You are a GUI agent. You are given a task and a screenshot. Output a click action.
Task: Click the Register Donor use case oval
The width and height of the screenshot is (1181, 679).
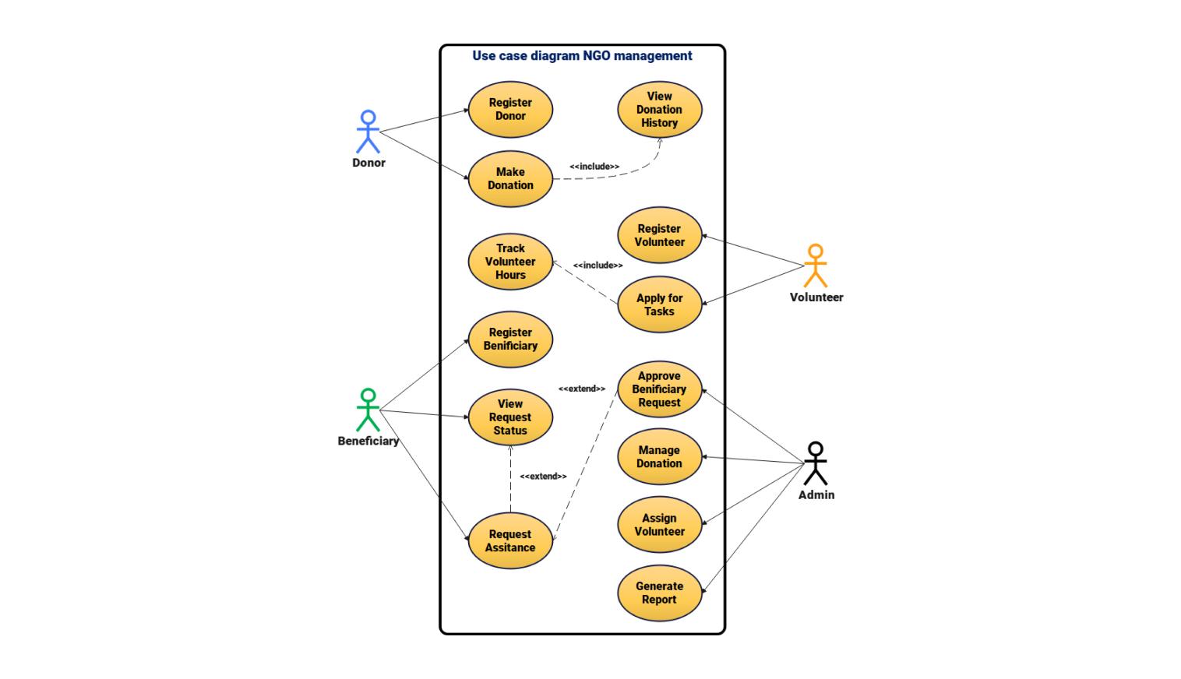coord(510,110)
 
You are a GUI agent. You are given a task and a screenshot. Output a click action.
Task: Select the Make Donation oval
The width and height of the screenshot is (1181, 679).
coord(510,179)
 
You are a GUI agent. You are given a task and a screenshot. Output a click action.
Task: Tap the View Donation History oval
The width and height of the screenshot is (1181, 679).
coord(660,110)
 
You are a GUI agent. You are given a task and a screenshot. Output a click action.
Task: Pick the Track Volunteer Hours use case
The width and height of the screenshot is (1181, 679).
coord(510,262)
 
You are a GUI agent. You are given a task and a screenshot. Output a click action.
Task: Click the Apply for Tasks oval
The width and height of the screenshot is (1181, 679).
coord(660,304)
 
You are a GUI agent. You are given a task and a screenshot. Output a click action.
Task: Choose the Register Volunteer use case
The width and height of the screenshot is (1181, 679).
coord(660,235)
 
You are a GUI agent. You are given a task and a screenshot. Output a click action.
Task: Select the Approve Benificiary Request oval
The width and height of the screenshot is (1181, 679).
coord(660,389)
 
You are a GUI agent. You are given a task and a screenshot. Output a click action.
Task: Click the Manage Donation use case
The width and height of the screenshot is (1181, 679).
coord(660,457)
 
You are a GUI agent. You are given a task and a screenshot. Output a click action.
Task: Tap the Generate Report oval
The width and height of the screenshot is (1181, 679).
coord(660,593)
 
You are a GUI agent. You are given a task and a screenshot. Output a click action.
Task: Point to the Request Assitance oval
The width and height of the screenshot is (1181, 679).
coord(510,540)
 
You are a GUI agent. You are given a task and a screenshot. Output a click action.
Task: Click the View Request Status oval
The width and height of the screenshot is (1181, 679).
coord(510,417)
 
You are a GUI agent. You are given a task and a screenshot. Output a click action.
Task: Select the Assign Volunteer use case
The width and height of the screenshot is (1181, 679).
coord(660,525)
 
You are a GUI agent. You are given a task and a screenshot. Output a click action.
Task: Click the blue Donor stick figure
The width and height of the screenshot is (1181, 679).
coord(368,132)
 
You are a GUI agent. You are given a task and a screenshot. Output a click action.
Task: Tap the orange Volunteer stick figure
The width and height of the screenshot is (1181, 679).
coord(816,266)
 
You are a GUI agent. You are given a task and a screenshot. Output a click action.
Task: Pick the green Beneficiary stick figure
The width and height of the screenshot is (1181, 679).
coord(368,410)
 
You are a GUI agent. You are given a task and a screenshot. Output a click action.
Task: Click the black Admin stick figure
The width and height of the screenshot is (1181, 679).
coord(816,463)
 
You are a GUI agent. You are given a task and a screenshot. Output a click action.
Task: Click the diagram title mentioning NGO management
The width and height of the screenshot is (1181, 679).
coord(582,56)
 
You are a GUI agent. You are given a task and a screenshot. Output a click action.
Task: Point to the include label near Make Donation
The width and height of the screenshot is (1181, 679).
coord(594,167)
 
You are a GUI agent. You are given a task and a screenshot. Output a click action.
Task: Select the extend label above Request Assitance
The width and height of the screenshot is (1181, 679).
coord(543,477)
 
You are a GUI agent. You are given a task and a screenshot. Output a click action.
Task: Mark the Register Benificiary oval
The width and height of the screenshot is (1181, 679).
coord(510,339)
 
